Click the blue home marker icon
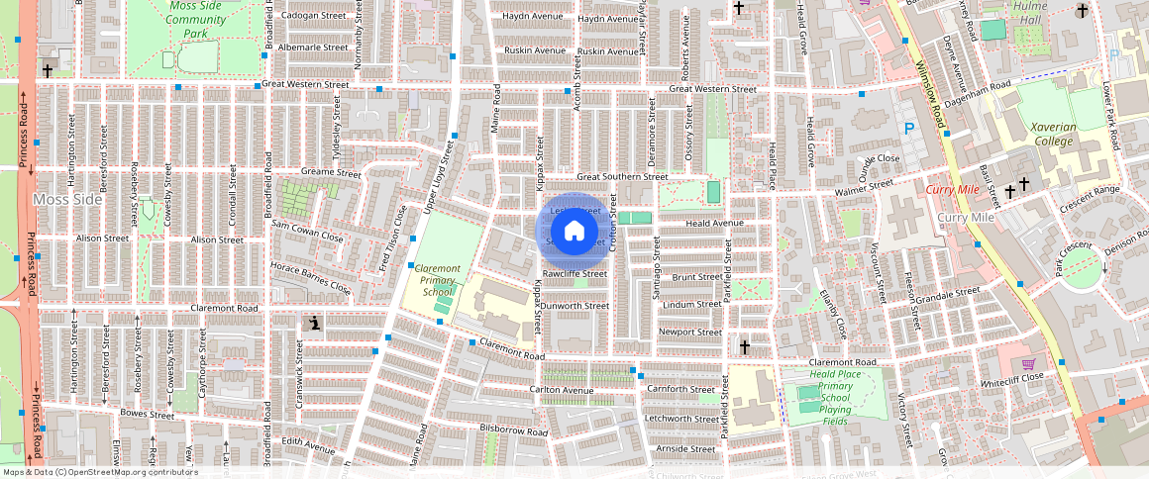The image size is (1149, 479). [x=574, y=232]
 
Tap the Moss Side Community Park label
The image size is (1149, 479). [x=196, y=19]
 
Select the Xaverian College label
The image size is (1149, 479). [x=1052, y=135]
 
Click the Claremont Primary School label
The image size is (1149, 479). [x=437, y=280]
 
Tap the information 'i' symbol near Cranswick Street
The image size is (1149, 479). [x=314, y=323]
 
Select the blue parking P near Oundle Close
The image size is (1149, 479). [x=909, y=129]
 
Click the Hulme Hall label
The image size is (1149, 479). [x=1030, y=12]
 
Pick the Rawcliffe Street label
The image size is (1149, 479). [x=574, y=274]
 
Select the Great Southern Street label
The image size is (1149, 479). [x=617, y=177]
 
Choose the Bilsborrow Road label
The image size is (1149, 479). [x=513, y=432]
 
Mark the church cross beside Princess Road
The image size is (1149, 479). [x=48, y=71]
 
